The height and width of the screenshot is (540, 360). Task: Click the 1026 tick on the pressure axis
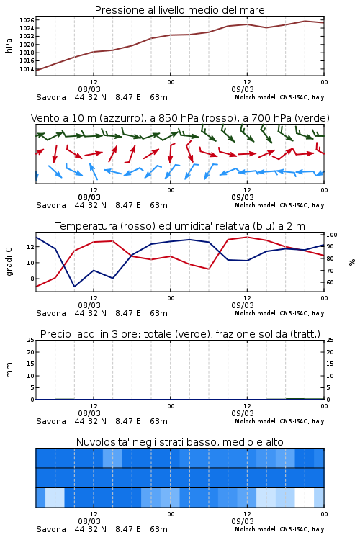pos(27,20)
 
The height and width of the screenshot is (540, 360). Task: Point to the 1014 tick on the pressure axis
pos(27,69)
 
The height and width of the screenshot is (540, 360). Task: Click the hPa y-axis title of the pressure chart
pos(9,45)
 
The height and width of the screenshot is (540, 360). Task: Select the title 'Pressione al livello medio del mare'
pos(180,10)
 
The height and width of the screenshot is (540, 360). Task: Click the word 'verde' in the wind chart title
pos(312,118)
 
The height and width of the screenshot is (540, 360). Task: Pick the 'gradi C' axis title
pos(9,262)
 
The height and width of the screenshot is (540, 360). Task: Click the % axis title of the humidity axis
pos(352,262)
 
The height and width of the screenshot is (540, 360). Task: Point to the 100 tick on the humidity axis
pos(332,235)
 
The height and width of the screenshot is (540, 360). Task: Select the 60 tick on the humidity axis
pos(330,282)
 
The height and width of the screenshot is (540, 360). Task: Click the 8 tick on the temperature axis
pos(32,279)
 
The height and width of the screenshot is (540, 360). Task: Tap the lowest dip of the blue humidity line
pos(74,286)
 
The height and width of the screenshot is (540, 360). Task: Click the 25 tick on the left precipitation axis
pos(31,341)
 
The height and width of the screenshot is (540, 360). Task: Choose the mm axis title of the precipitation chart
pos(9,370)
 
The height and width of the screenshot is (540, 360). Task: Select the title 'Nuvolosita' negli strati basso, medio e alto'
pos(180,442)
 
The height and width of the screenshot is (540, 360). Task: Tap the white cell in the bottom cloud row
pos(305,498)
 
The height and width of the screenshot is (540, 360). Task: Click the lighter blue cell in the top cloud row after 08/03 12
pos(112,458)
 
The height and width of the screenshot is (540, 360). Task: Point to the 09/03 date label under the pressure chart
pos(243,89)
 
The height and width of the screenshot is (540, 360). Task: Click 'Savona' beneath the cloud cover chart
pos(51,529)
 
